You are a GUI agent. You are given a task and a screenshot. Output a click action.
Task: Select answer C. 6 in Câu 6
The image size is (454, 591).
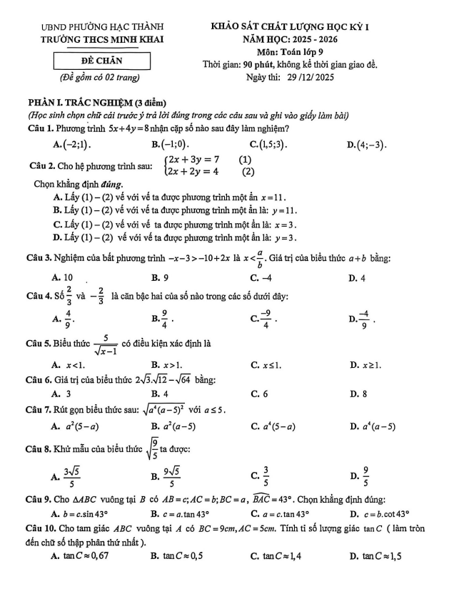point(260,393)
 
